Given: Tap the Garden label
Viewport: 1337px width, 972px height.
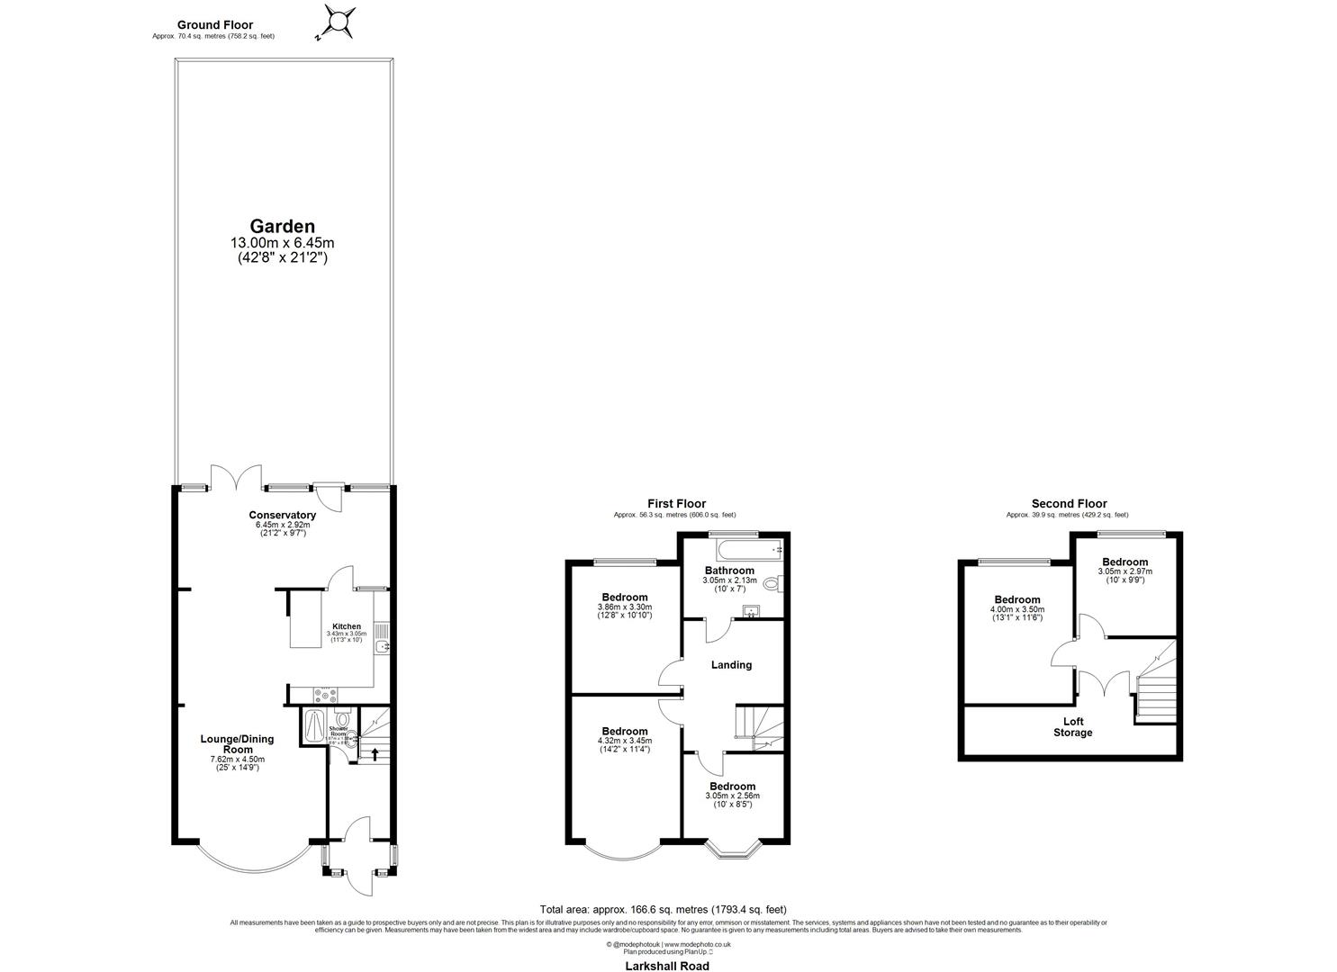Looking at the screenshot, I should [x=283, y=227].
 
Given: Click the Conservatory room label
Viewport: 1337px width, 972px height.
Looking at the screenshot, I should [x=283, y=515].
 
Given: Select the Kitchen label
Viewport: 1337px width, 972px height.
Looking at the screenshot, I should [x=347, y=626].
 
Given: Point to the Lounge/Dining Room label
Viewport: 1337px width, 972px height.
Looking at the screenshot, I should [x=237, y=744].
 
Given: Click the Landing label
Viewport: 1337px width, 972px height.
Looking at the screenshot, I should [x=731, y=665].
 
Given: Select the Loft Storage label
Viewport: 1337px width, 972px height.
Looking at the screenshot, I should [x=1073, y=727].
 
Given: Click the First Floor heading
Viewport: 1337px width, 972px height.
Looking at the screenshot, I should [x=676, y=504].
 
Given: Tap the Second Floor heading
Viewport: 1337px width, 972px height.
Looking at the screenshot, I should [x=1069, y=504].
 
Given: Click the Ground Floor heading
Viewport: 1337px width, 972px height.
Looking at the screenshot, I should [x=215, y=25].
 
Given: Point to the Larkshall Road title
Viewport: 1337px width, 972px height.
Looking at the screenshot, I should [x=667, y=966].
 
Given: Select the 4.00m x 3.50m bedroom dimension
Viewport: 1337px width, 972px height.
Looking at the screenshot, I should [x=1017, y=609].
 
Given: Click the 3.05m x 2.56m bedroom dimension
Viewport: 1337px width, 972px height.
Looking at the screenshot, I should [x=731, y=796].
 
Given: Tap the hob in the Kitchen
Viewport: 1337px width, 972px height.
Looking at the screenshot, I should [x=327, y=694].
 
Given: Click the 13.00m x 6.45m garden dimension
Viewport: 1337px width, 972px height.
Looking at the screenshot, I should [x=283, y=243].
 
